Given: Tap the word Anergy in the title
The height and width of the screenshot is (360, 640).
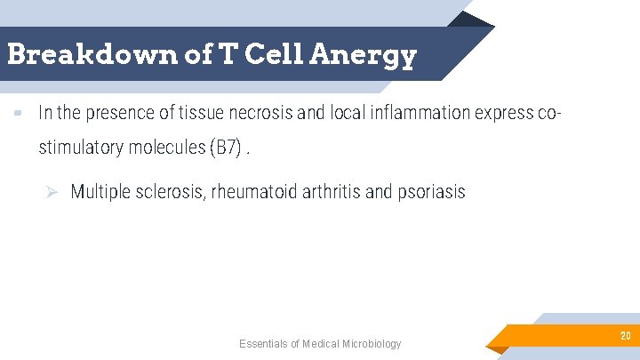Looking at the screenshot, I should coord(364,55).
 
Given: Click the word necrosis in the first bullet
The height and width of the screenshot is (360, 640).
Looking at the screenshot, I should coord(272,114).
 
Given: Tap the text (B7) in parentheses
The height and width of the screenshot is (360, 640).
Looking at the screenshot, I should coord(225,148).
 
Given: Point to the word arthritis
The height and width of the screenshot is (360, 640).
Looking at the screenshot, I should coord(333,192).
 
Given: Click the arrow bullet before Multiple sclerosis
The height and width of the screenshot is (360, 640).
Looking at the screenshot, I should coord(52,192).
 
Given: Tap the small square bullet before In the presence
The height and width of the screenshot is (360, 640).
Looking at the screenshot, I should coord(18,114).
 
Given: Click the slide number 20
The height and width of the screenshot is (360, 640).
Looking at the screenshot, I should coord(626,335).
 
